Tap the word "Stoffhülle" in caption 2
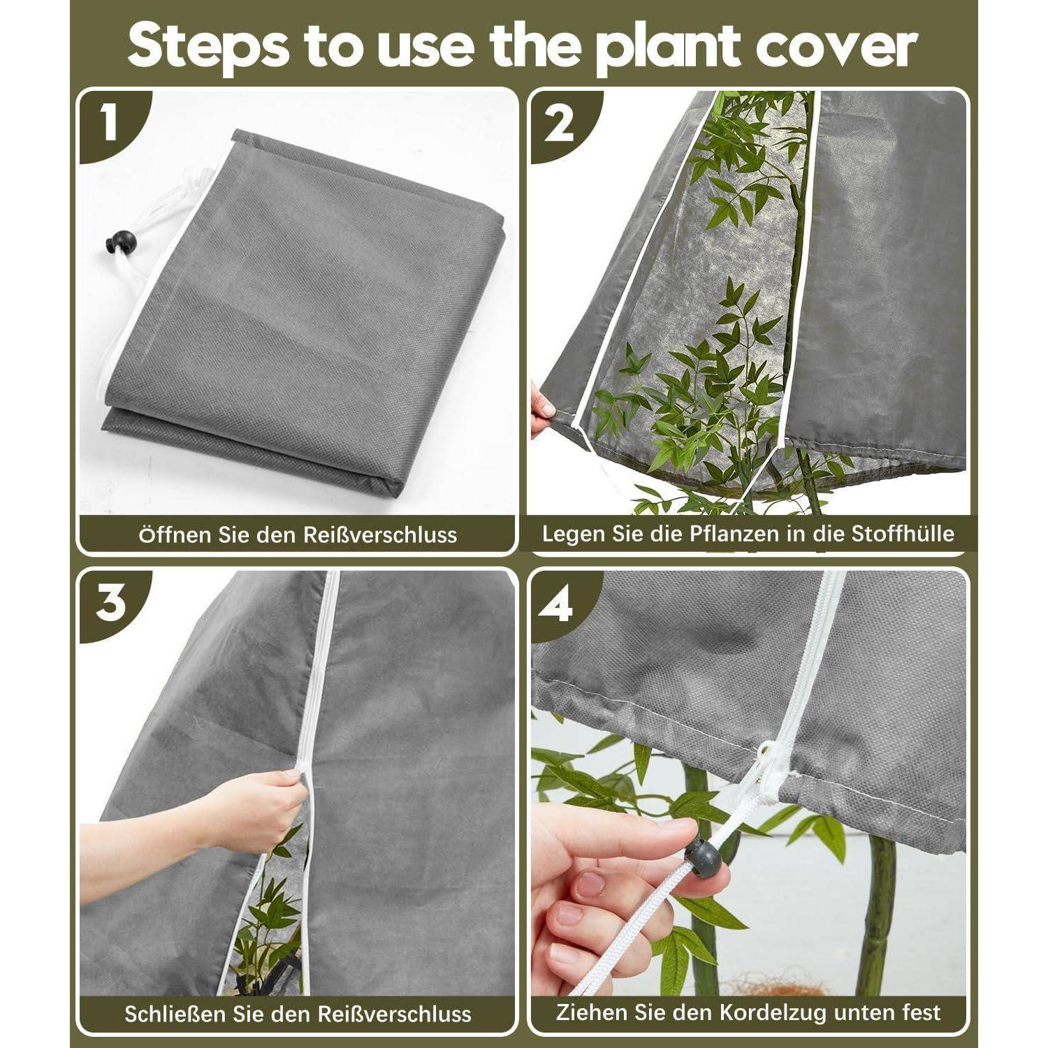903,534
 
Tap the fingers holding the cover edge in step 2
543,414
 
